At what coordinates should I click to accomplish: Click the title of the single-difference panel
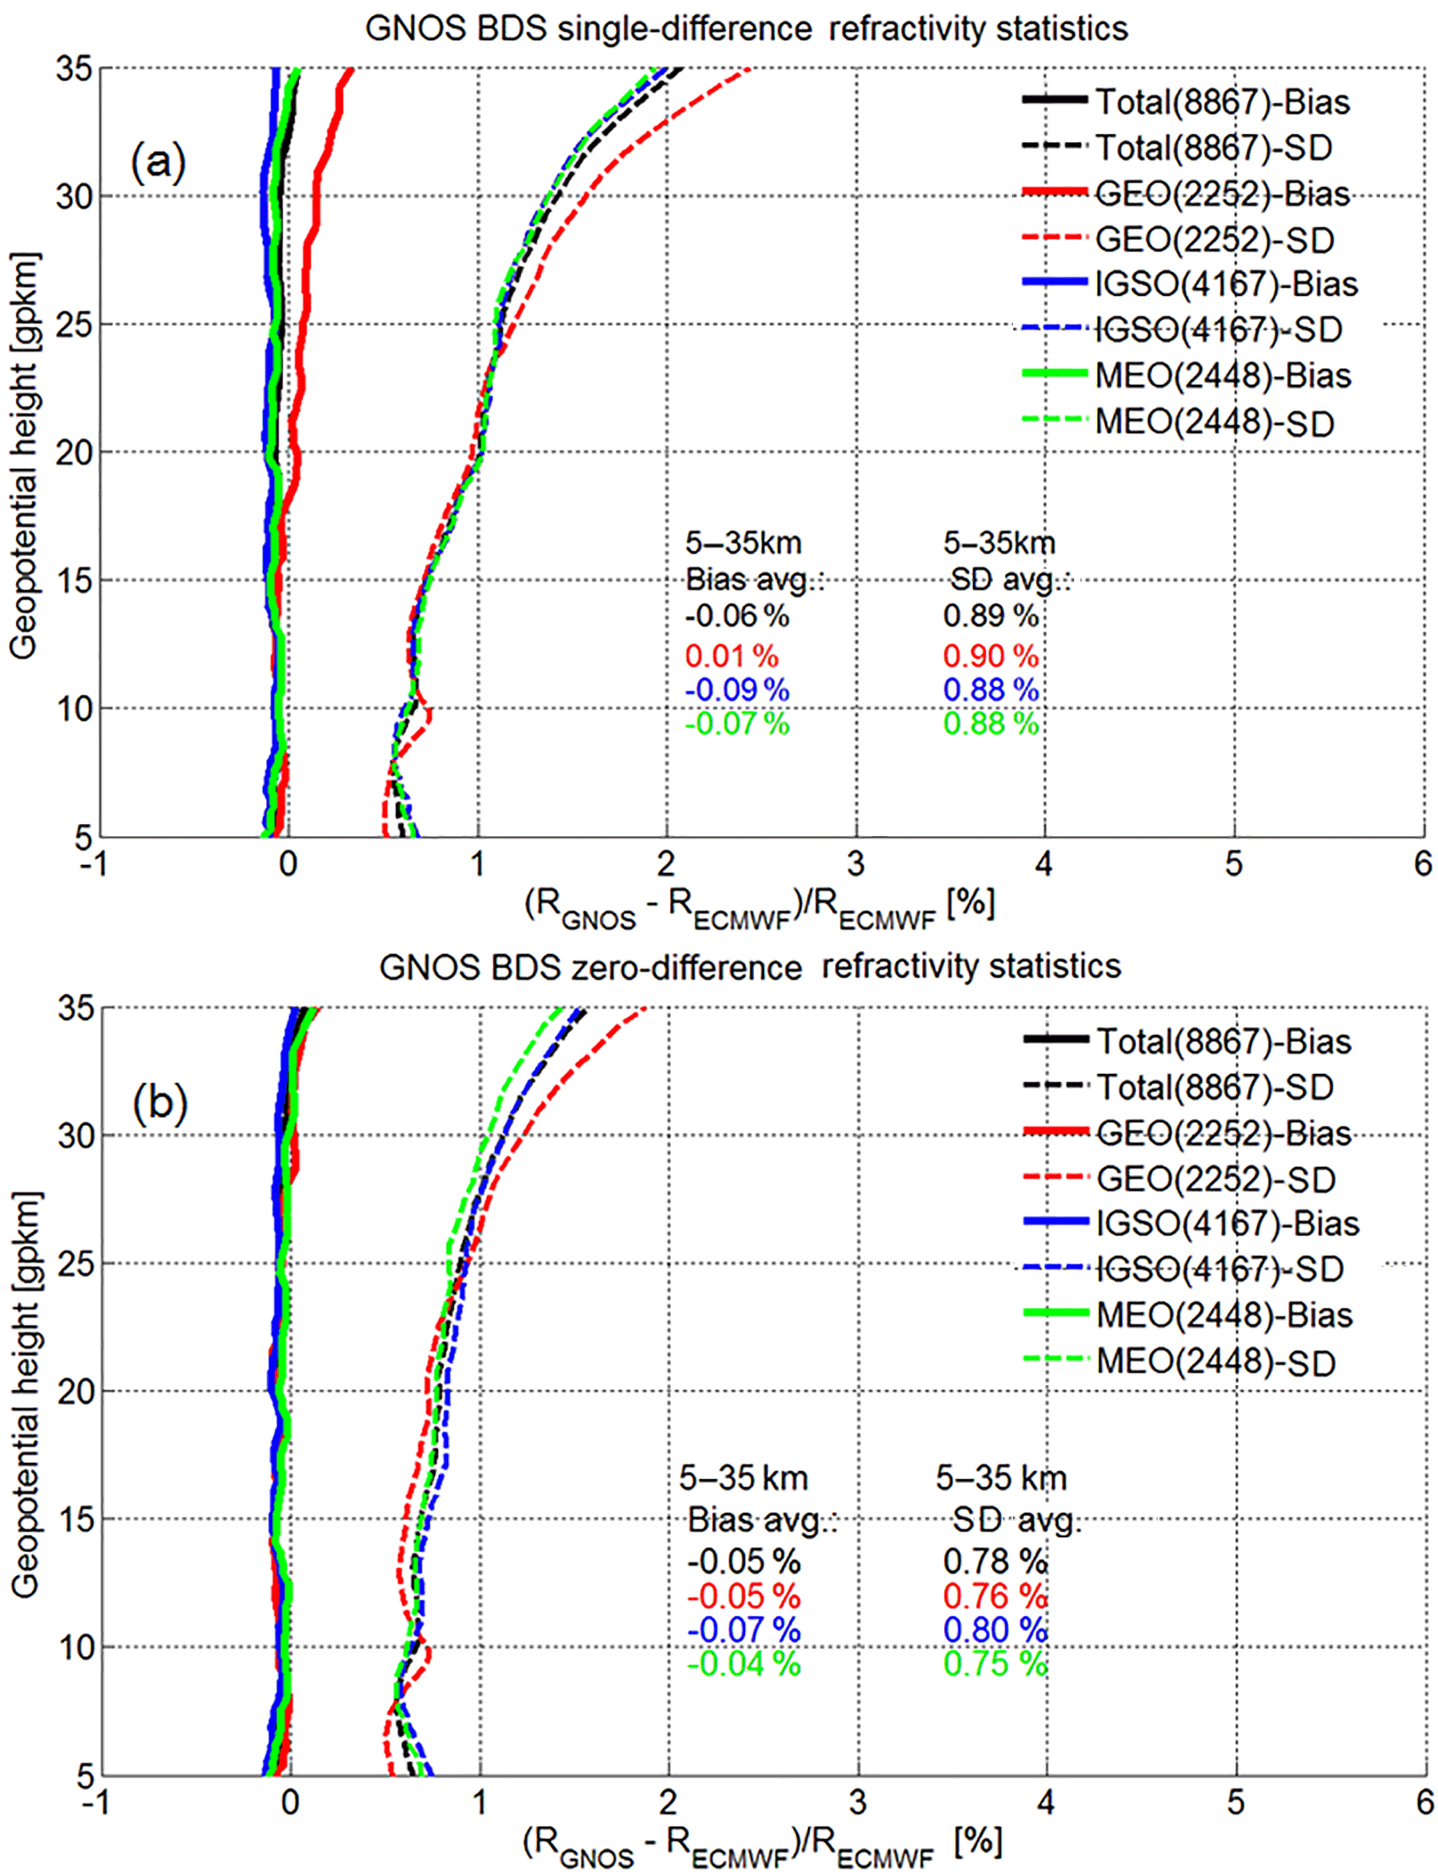[x=746, y=29]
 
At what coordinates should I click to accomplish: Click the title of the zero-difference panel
[x=750, y=967]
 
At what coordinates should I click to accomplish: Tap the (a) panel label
[x=159, y=161]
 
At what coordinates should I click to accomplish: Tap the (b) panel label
[x=160, y=1102]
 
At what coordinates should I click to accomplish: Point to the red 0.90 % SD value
[x=991, y=657]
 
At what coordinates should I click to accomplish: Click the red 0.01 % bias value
[x=732, y=657]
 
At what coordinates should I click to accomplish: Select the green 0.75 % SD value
[x=996, y=1663]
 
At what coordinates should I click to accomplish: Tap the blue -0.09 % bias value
[x=737, y=690]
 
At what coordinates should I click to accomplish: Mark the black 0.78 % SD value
[x=996, y=1562]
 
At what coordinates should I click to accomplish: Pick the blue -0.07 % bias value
[x=743, y=1630]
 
